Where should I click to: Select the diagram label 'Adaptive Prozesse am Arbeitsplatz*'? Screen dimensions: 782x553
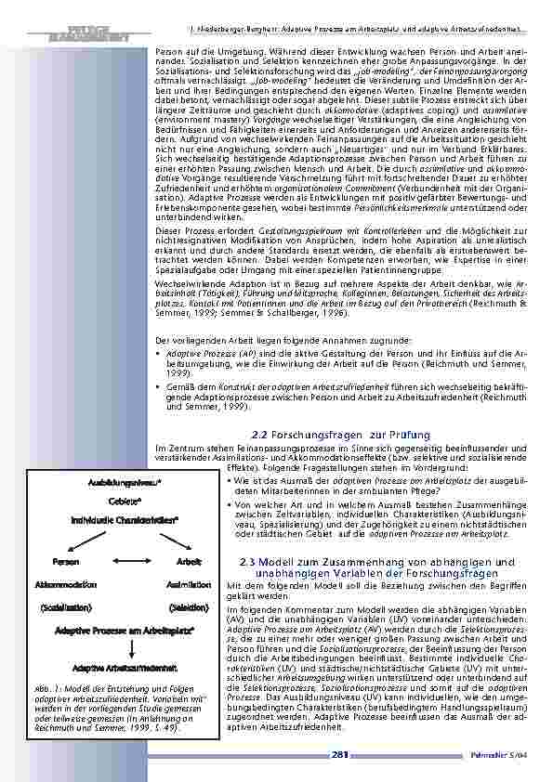(x=125, y=631)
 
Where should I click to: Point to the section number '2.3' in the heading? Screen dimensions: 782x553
(x=248, y=563)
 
